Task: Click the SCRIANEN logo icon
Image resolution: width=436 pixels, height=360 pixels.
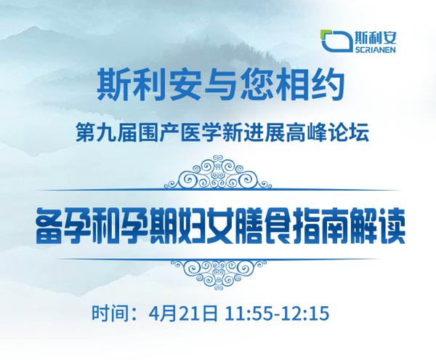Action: pos(336,41)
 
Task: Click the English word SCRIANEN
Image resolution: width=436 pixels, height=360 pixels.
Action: pos(375,49)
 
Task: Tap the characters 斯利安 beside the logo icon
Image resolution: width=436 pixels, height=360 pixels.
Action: pos(376,37)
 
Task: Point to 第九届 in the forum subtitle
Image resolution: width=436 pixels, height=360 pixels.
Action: pos(106,132)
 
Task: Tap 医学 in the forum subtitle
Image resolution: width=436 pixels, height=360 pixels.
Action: pos(201,132)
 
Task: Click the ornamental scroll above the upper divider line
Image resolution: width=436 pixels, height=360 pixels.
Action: pos(218,172)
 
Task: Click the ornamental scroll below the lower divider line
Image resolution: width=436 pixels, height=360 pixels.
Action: pos(219,275)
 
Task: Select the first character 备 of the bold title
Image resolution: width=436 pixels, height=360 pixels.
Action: pos(49,227)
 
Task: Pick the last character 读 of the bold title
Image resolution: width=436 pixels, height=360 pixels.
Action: pos(390,227)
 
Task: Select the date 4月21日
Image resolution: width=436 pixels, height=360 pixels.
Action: pos(183,313)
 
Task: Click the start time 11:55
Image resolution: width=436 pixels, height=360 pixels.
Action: pos(252,313)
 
